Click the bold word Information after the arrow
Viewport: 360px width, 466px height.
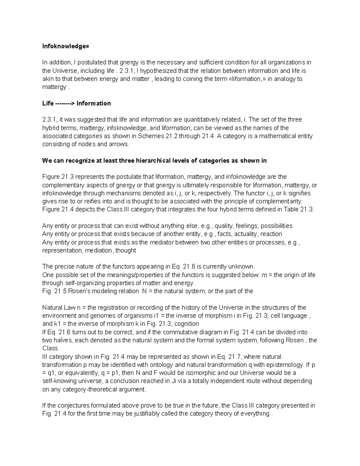pos(94,104)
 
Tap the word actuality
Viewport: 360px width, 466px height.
pos(246,234)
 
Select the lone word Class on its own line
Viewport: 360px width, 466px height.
pos(50,348)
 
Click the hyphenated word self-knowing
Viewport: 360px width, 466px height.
pos(58,381)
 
